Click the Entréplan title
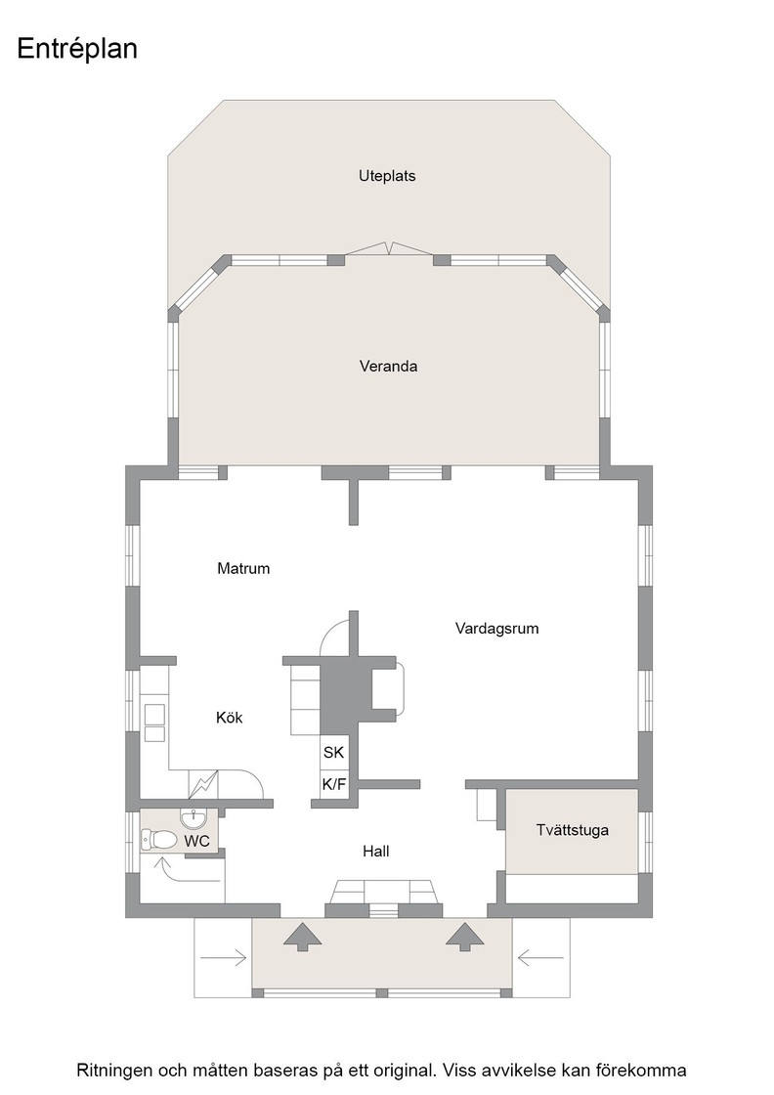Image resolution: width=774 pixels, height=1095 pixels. pyautogui.click(x=77, y=49)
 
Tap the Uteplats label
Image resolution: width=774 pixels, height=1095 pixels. pyautogui.click(x=387, y=176)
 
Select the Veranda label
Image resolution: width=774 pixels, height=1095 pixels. pyautogui.click(x=388, y=366)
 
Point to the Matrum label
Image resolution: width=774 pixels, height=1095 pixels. pyautogui.click(x=243, y=568)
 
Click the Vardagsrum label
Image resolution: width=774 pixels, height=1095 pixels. pyautogui.click(x=496, y=629)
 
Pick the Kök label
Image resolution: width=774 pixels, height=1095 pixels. pyautogui.click(x=229, y=718)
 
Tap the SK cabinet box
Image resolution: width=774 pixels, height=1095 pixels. pyautogui.click(x=333, y=752)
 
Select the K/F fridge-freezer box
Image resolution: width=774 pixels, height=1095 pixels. pyautogui.click(x=333, y=784)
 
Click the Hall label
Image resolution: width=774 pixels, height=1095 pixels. pyautogui.click(x=375, y=852)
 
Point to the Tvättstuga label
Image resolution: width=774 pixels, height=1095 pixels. pyautogui.click(x=573, y=830)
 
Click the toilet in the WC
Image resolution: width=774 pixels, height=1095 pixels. pyautogui.click(x=158, y=838)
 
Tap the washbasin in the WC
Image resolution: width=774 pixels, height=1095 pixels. pyautogui.click(x=193, y=817)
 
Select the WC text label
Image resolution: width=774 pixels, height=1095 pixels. pyautogui.click(x=196, y=842)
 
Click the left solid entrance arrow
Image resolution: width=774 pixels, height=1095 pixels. pyautogui.click(x=302, y=936)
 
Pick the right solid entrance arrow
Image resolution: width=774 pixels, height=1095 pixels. pyautogui.click(x=465, y=936)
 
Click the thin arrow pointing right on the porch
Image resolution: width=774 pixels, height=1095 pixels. pyautogui.click(x=224, y=958)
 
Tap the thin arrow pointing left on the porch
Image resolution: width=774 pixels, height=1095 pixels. pyautogui.click(x=540, y=958)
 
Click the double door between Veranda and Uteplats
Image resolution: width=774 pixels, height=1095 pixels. pyautogui.click(x=388, y=249)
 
